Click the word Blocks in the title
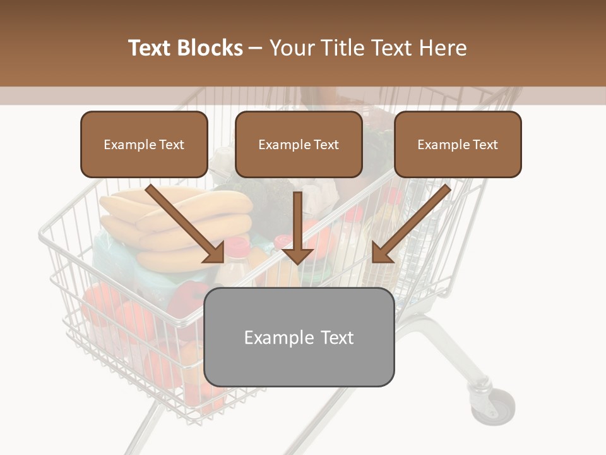[210, 48]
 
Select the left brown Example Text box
[144, 145]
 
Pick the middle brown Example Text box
[299, 145]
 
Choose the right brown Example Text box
[458, 145]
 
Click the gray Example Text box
[299, 337]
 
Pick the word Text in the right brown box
[485, 145]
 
